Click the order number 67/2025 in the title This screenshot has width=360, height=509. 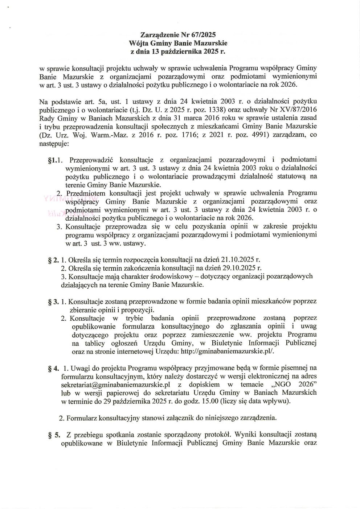tap(203, 35)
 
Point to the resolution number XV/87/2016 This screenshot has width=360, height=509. tap(298, 110)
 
